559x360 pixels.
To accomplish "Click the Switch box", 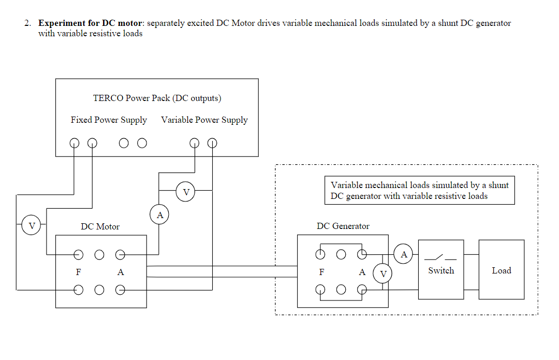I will point(441,270).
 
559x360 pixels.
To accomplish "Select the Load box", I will point(501,270).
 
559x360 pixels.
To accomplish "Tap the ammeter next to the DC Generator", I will point(404,254).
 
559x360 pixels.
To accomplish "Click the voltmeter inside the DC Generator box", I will point(383,273).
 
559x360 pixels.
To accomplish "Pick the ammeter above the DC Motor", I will point(160,214).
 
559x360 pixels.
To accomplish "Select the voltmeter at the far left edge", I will point(32,225).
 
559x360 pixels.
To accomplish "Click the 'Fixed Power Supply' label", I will point(109,120).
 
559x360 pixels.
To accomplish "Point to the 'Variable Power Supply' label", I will point(204,120).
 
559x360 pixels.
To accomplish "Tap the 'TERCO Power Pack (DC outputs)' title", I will point(157,98).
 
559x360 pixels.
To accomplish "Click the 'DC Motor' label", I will point(100,226).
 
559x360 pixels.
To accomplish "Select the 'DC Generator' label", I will point(343,226).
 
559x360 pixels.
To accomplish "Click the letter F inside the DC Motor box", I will point(79,272).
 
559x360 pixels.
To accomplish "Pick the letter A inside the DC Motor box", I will point(120,272).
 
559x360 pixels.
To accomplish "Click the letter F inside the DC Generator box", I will point(321,272).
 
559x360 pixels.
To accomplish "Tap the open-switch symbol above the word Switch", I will point(440,257).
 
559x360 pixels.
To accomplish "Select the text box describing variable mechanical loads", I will point(419,191).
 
